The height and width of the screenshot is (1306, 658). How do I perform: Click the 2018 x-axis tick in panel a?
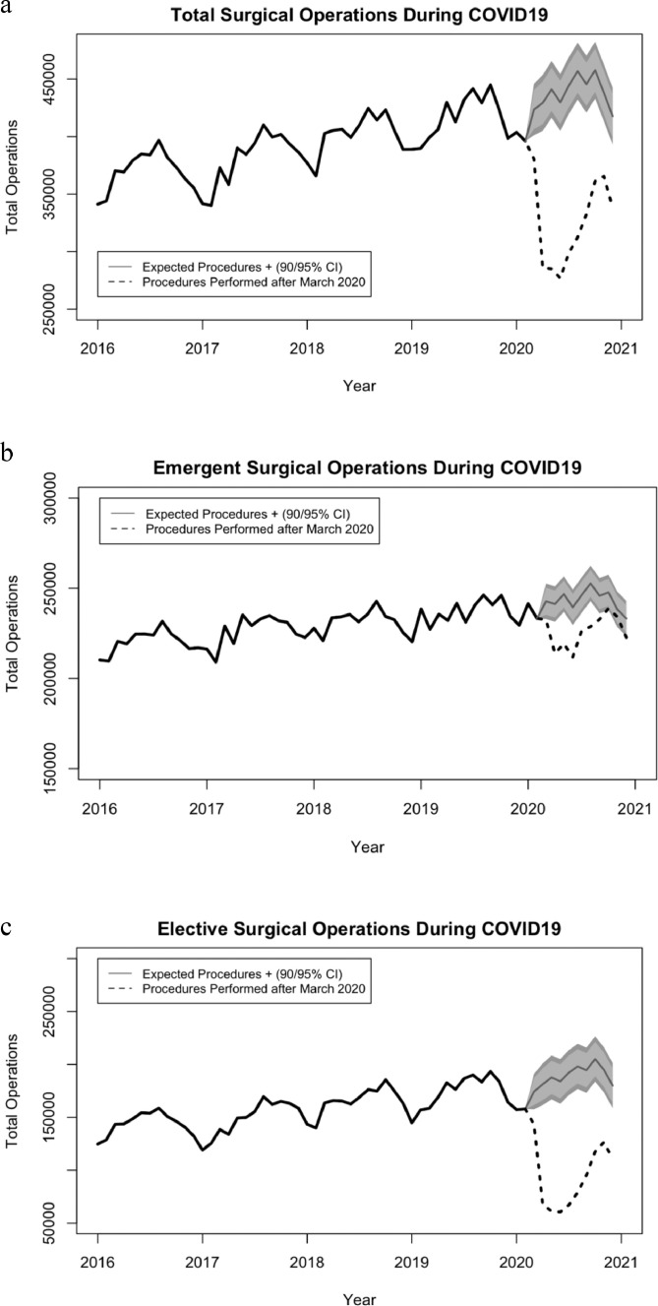(x=307, y=347)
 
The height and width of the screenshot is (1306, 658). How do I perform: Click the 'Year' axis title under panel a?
(x=359, y=386)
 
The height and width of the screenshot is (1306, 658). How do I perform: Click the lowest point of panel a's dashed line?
(x=560, y=278)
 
